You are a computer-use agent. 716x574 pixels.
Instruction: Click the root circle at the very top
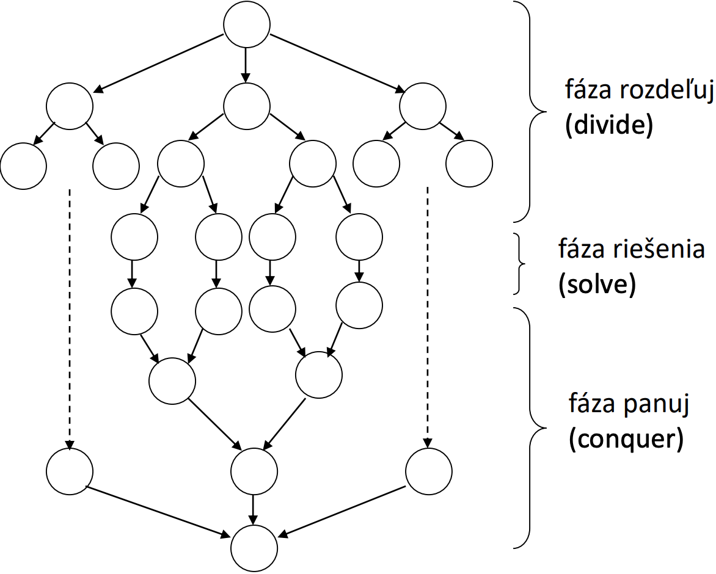247,26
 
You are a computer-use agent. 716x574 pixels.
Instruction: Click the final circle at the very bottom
254,547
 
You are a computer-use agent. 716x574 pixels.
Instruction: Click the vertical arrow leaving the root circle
246,65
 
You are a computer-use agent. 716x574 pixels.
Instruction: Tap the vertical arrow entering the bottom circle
254,509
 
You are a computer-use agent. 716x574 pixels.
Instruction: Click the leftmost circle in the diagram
24,165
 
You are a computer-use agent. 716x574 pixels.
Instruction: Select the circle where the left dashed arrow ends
70,472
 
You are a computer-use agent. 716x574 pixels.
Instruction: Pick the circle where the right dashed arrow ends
429,472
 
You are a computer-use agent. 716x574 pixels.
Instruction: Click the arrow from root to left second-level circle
159,62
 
